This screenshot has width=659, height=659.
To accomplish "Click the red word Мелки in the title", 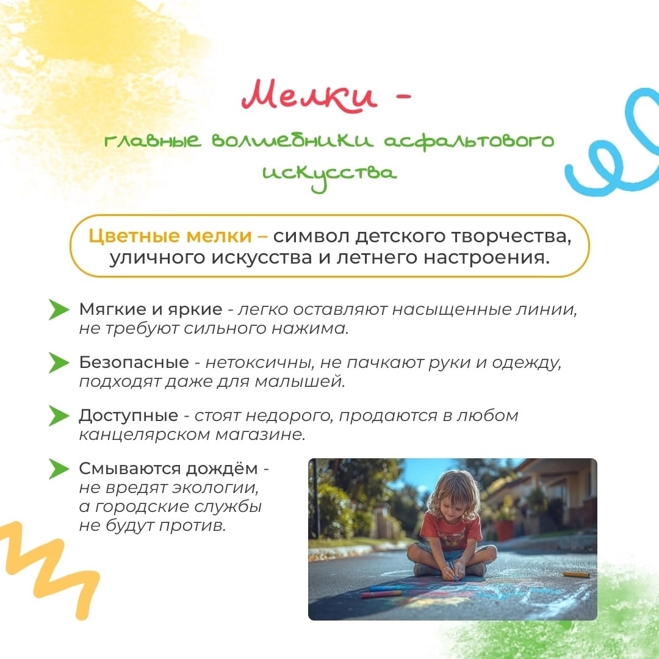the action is [309, 96].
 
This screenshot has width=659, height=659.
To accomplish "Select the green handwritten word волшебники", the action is [292, 141].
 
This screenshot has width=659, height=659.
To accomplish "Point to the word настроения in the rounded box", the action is [486, 257].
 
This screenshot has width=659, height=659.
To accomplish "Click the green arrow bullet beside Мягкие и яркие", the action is [59, 310].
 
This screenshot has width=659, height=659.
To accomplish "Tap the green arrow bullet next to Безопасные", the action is [59, 362].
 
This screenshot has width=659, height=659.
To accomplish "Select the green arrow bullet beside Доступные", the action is [59, 416].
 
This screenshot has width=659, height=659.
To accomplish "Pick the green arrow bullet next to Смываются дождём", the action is [59, 469].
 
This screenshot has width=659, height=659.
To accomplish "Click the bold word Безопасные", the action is [134, 362].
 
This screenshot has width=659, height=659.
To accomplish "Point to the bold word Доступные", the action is [129, 416].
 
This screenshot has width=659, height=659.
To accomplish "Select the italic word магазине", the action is [260, 434].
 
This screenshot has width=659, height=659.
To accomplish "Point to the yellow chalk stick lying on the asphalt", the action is [576, 575].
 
